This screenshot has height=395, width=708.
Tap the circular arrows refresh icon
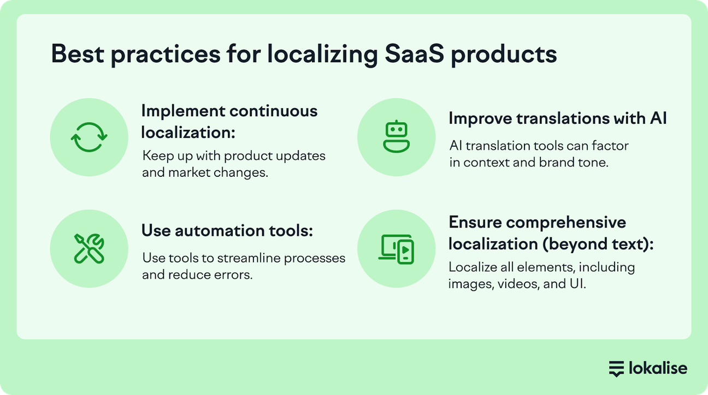[90, 137]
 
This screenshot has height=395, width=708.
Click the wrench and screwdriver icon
[90, 249]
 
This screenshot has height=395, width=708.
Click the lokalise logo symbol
[616, 368]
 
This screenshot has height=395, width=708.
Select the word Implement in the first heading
[183, 111]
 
